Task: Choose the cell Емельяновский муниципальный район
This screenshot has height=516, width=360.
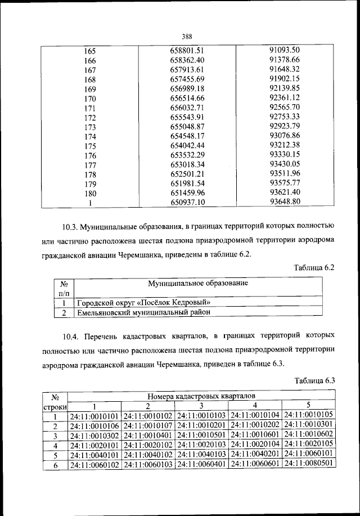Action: click(x=144, y=311)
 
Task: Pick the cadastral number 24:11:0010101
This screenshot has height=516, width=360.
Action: click(x=94, y=416)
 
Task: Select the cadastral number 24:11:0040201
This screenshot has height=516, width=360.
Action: click(x=255, y=454)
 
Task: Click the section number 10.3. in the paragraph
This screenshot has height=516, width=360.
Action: click(x=72, y=227)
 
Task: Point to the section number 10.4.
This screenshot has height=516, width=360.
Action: click(x=72, y=338)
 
